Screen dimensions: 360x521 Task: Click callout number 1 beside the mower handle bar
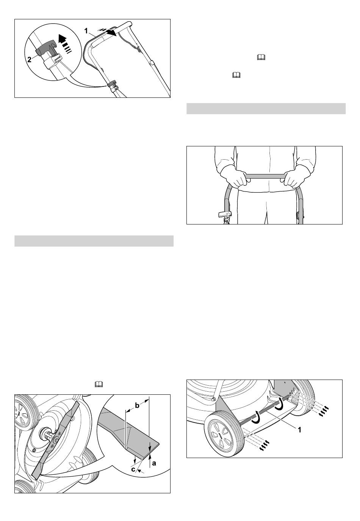click(x=86, y=30)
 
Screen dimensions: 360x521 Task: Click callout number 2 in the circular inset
click(x=30, y=60)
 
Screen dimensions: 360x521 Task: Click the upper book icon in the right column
click(x=261, y=57)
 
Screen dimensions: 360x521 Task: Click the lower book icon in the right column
click(x=236, y=75)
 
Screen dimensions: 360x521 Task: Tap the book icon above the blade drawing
click(x=99, y=384)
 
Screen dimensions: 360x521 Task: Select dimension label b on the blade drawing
click(x=137, y=405)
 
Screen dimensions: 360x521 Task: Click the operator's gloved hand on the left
click(x=233, y=176)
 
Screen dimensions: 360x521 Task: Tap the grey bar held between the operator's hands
click(x=265, y=176)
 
